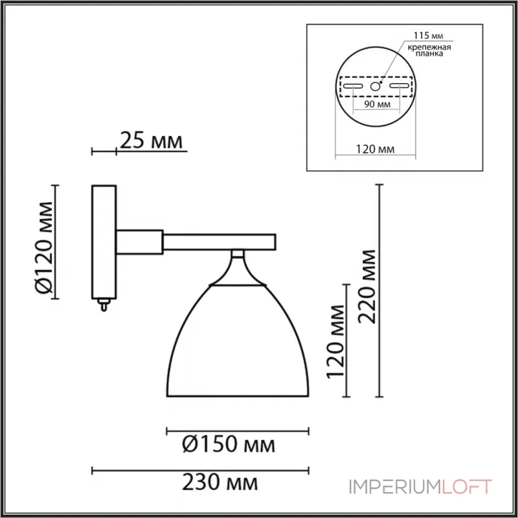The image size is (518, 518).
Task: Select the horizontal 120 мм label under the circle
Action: point(376,150)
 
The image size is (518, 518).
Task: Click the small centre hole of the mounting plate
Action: point(375,85)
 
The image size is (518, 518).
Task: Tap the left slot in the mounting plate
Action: point(353,85)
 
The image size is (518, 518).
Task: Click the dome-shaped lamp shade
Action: point(238,343)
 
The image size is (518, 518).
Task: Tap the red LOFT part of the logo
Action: point(467,486)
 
